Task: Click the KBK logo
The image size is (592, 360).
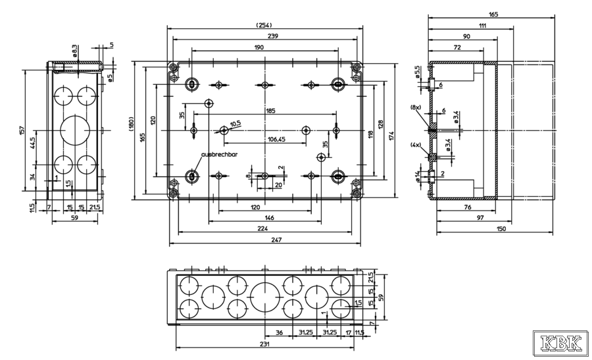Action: click(561, 343)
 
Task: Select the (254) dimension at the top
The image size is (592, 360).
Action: click(265, 25)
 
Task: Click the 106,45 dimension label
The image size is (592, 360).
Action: click(276, 139)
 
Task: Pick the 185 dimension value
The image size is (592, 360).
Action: click(270, 111)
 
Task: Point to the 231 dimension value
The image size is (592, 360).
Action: click(265, 344)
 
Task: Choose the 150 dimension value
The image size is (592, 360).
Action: click(502, 228)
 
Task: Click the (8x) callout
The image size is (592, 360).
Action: click(416, 107)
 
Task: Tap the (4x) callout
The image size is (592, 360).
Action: click(416, 145)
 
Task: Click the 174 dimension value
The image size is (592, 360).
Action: click(391, 136)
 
